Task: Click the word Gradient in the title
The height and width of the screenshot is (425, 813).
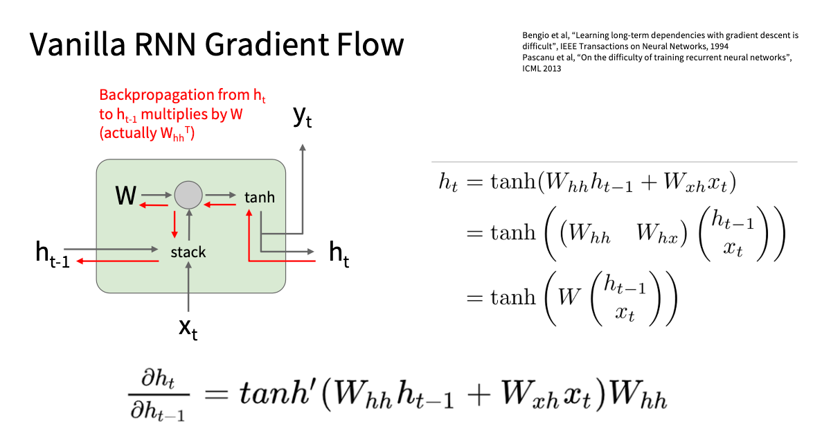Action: click(256, 45)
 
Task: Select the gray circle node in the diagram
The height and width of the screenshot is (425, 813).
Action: click(187, 196)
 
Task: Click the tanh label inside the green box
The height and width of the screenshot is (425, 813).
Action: click(260, 198)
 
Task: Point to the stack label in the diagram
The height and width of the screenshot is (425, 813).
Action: click(188, 252)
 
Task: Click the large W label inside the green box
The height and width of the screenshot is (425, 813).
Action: click(125, 196)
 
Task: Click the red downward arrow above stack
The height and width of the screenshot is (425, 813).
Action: click(175, 223)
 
